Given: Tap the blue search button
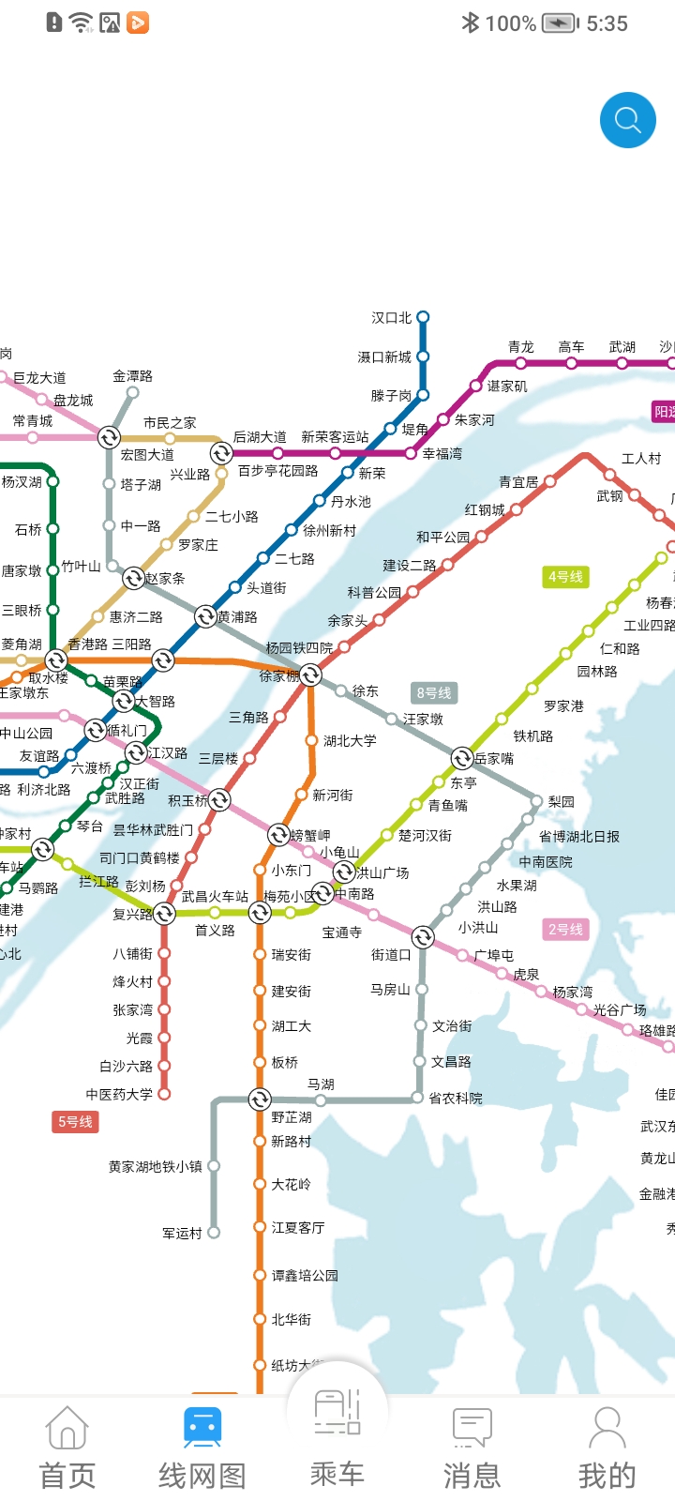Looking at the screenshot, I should tap(627, 120).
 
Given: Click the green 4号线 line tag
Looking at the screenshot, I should tap(565, 576).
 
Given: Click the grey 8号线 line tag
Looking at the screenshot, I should tap(434, 692).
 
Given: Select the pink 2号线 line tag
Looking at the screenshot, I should tap(565, 929).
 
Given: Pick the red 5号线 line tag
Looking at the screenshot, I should tap(75, 1121).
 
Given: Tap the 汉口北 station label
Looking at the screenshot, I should tap(391, 318).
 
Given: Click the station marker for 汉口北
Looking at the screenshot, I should tap(423, 317).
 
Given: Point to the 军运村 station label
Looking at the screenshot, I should tap(182, 1233).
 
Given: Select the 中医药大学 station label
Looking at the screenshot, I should tap(119, 1094).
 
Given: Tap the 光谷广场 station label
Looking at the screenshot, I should tap(620, 1009).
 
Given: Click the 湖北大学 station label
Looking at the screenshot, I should tap(350, 740).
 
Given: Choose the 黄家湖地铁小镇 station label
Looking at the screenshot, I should tap(155, 1166).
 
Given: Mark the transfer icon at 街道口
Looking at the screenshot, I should tap(423, 937).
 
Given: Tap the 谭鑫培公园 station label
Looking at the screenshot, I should tap(305, 1275).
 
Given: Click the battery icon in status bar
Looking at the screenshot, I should tap(560, 23).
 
